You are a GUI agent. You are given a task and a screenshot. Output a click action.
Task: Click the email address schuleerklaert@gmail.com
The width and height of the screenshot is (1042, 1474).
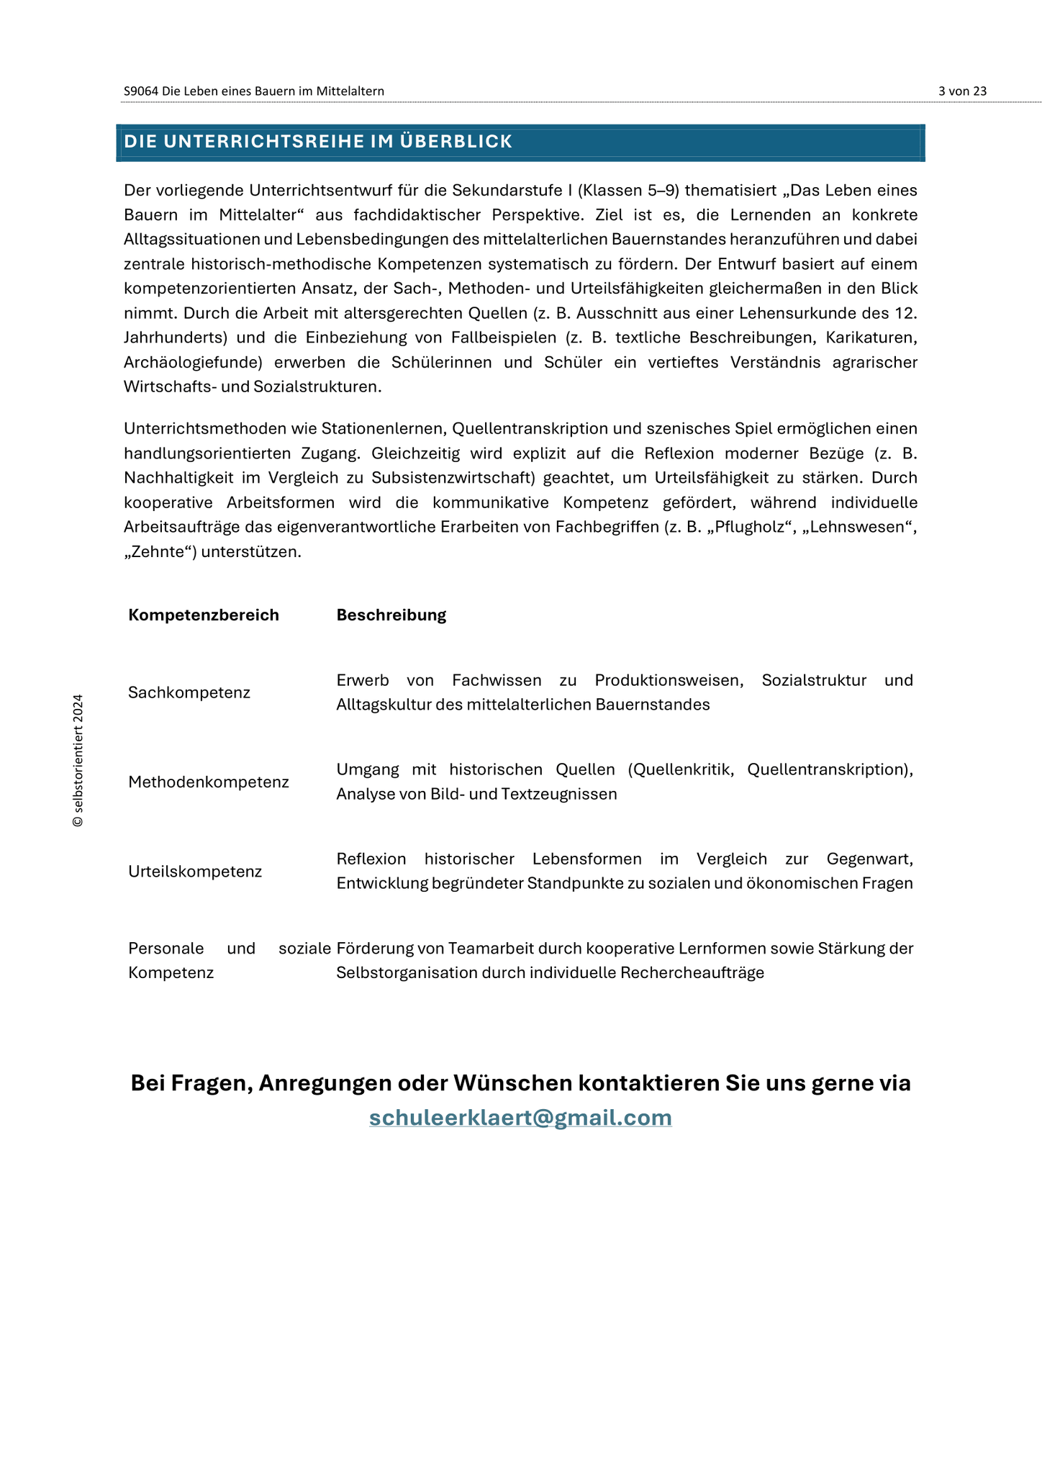[x=520, y=1117]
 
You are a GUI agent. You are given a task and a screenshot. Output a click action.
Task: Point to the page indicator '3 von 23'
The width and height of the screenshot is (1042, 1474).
[x=962, y=91]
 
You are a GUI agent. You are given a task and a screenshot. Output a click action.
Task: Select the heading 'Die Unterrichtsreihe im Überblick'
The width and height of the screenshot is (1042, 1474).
[x=318, y=142]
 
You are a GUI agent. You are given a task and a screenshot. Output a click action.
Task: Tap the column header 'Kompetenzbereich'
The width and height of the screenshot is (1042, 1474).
[x=204, y=615]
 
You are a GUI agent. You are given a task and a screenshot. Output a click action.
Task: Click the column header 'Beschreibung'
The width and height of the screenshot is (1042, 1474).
[x=391, y=615]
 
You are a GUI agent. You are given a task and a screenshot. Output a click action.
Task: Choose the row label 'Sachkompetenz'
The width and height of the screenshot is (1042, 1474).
[x=189, y=692]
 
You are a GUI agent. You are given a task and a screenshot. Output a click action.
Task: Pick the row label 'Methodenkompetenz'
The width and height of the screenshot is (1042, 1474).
[x=209, y=782]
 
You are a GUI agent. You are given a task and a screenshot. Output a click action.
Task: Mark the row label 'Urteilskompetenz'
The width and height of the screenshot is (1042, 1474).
[x=195, y=872]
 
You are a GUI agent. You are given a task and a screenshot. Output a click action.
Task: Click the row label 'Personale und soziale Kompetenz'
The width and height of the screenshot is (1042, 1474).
[x=229, y=960]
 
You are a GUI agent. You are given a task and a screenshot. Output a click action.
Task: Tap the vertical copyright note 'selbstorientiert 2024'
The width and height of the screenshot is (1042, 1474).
[x=78, y=760]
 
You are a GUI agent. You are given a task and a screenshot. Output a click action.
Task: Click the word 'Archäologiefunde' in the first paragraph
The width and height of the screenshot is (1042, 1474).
[x=190, y=362]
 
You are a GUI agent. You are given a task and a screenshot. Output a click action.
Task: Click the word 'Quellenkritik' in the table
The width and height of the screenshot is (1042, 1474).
[x=684, y=769]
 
